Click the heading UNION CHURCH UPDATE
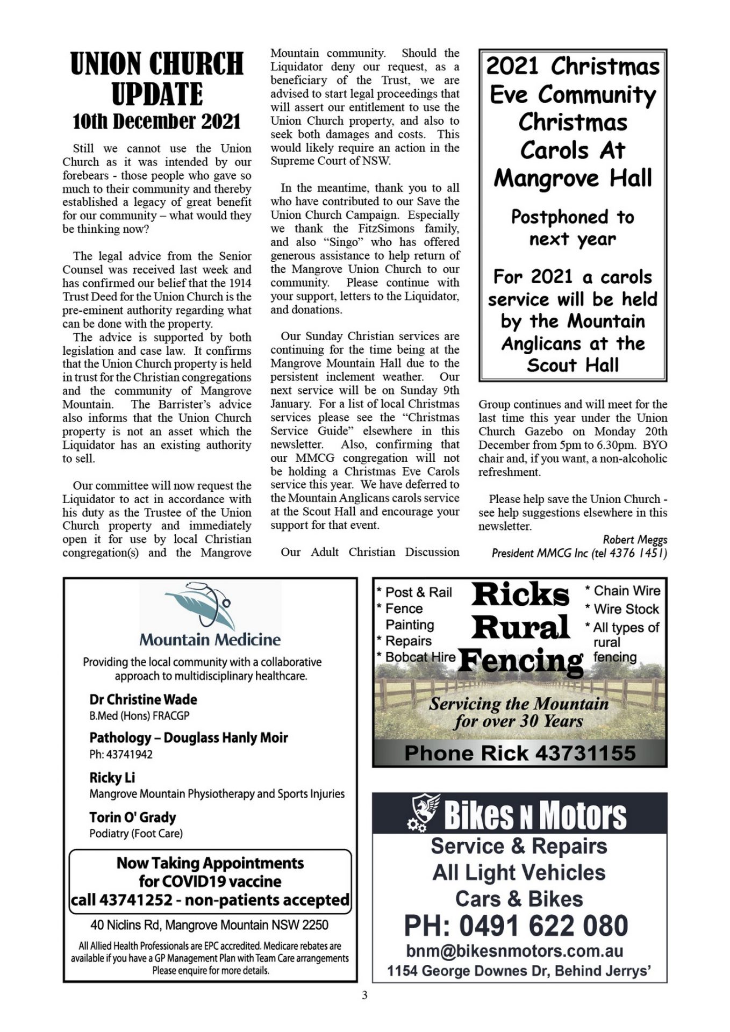pos(157,78)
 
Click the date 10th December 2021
pos(157,122)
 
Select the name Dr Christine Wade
pos(143,699)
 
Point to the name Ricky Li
pos(112,778)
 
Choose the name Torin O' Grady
pos(132,818)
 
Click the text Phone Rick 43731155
pos(519,753)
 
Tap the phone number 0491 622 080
pos(543,926)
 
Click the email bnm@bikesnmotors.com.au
pos(514,951)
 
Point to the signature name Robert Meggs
pos(634,539)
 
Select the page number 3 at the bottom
pos(364,995)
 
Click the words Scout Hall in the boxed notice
pos(572,365)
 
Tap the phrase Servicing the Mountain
pos(518,704)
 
